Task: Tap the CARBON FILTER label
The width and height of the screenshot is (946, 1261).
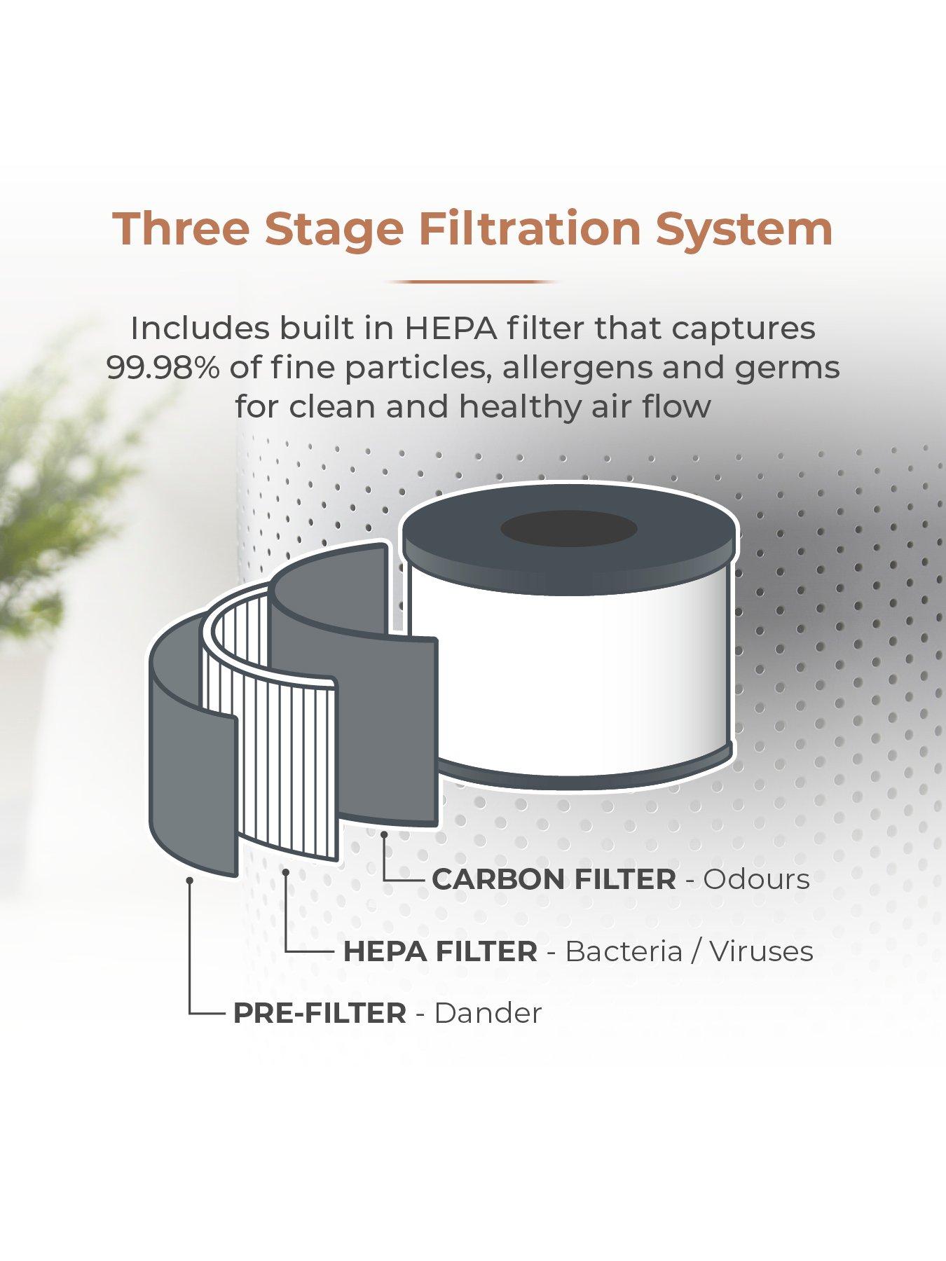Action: click(554, 879)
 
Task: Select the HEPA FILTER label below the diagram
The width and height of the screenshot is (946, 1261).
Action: click(440, 951)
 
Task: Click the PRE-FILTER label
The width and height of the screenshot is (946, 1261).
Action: click(320, 1013)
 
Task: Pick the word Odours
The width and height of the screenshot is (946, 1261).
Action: click(757, 879)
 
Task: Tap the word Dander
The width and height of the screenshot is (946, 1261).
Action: click(488, 1013)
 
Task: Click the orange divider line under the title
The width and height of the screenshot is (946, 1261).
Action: click(473, 282)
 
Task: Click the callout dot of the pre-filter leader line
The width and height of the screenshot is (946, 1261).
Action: click(190, 878)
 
